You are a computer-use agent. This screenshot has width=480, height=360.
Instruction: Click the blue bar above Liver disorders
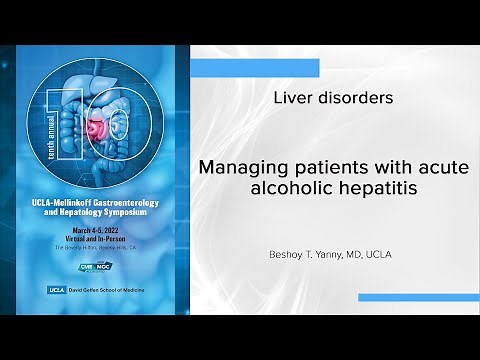pyautogui.click(x=255, y=68)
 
